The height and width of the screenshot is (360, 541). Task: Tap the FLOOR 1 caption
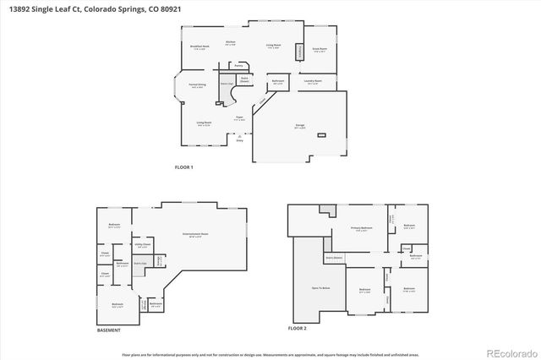183,167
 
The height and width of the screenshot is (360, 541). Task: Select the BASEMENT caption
108,330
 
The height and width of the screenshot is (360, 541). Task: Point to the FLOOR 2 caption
297,327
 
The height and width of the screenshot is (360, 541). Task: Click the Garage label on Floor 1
299,126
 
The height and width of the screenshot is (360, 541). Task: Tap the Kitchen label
230,41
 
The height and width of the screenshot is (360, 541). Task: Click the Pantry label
239,64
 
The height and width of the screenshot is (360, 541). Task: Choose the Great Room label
320,50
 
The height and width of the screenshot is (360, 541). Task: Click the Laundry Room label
314,82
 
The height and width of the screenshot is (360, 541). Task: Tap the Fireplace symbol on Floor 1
298,52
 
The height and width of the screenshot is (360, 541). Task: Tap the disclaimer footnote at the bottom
270,356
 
